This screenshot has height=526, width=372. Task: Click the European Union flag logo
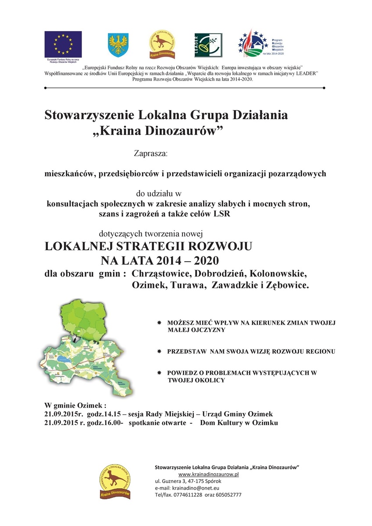(x=63, y=44)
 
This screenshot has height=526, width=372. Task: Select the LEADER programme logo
(x=208, y=45)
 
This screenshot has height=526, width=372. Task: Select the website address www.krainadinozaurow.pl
(x=208, y=475)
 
